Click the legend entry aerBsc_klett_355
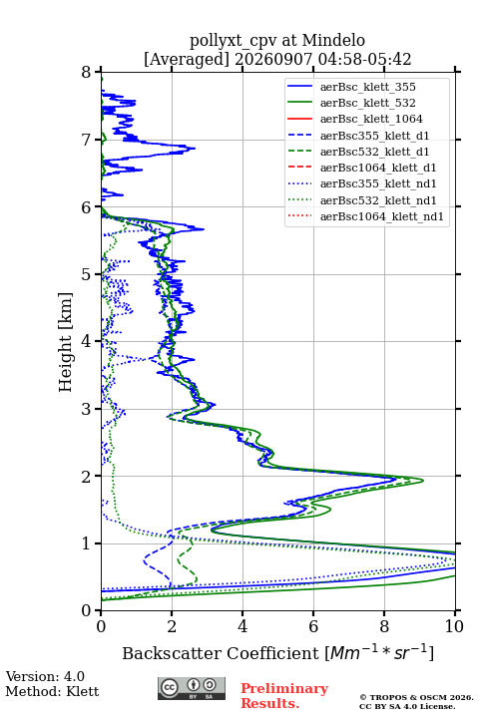pos(367,87)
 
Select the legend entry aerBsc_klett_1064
pos(371,119)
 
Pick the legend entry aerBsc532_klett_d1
pos(374,152)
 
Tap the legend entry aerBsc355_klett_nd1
pos(378,183)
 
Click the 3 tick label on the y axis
pos(87,409)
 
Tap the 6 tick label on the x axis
pos(313,626)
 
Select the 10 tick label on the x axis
pos(455,626)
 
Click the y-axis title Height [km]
pos(66,342)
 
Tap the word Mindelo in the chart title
pos(333,41)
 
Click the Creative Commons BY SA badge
pos(192,688)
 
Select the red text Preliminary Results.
pos(284,696)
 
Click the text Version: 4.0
pos(45,676)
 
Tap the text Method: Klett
pos(52,691)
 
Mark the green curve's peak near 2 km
pos(423,480)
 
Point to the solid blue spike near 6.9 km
pos(195,148)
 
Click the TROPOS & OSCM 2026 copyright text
pos(416,697)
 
